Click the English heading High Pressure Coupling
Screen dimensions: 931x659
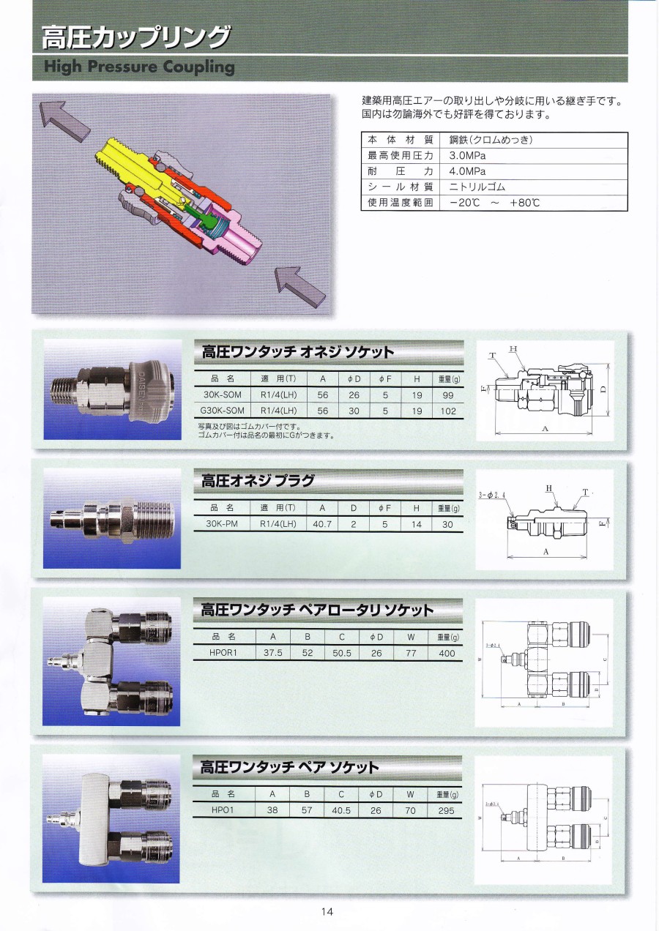click(x=138, y=67)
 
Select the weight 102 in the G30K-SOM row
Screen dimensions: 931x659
click(x=448, y=411)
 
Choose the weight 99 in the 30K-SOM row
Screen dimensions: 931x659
click(x=448, y=395)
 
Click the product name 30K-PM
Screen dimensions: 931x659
click(x=220, y=524)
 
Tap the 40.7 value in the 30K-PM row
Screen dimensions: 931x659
click(x=322, y=524)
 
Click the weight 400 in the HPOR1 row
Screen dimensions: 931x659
click(x=446, y=653)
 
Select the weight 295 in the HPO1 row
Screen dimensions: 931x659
click(x=446, y=810)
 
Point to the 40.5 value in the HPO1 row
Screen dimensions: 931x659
click(x=342, y=810)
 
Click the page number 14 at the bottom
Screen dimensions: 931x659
click(x=327, y=911)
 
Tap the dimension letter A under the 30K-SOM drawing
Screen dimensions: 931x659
click(x=545, y=429)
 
